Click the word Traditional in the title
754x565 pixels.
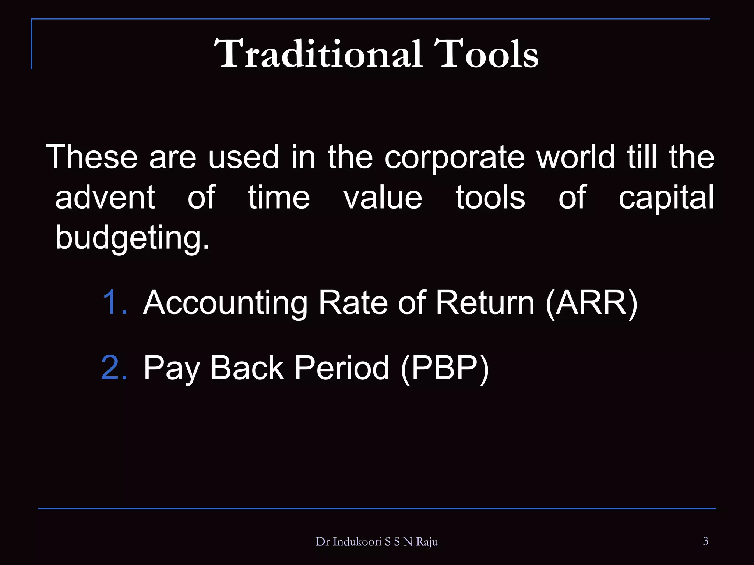click(317, 54)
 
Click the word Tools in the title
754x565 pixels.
click(486, 54)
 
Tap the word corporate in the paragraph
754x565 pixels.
click(454, 157)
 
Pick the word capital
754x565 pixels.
click(666, 198)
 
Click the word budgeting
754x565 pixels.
click(132, 238)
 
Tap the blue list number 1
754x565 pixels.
click(115, 302)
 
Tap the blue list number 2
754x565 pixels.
click(114, 367)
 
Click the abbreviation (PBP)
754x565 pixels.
click(445, 368)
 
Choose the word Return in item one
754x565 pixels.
click(485, 302)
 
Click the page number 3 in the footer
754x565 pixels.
click(705, 541)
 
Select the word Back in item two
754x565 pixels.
click(247, 367)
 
